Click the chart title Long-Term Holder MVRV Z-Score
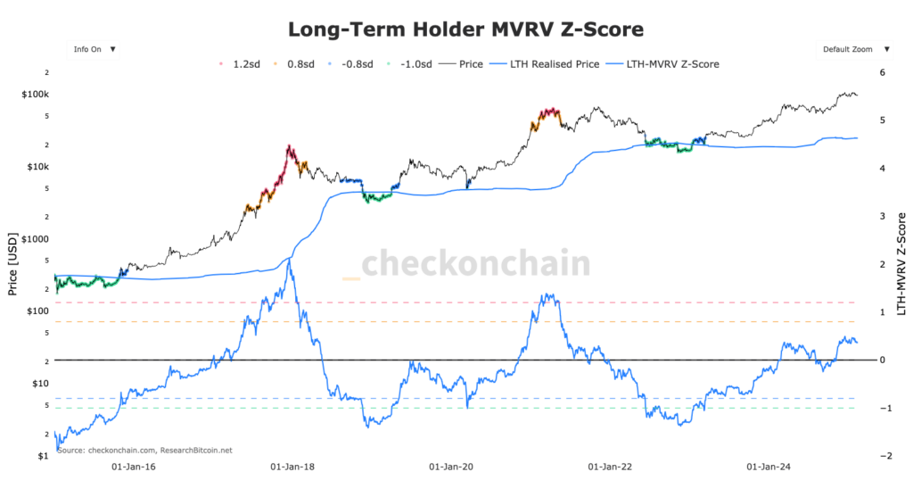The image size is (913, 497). (465, 29)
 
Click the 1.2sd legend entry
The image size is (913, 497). (241, 64)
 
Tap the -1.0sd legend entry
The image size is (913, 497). (409, 64)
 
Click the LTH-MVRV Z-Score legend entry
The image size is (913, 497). (669, 64)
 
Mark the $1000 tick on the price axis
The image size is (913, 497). (35, 239)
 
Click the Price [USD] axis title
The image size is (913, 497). (12, 264)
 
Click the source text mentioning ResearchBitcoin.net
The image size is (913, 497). (144, 451)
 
